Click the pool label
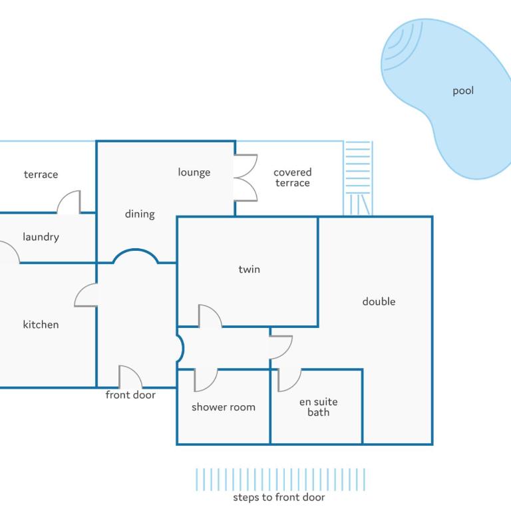(463, 91)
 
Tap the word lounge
(194, 172)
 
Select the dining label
(140, 214)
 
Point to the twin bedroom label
(250, 269)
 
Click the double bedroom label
(379, 301)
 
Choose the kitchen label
(41, 325)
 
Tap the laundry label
(41, 237)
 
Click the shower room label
(224, 407)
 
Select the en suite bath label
(319, 407)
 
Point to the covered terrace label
(292, 178)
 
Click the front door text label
(130, 395)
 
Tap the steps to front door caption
(279, 497)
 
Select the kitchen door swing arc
(81, 291)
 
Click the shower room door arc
(211, 385)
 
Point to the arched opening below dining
(136, 250)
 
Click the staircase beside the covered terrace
(358, 178)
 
